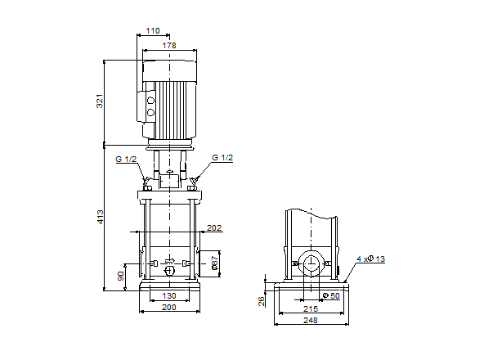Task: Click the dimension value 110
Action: pyautogui.click(x=152, y=30)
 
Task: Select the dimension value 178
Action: pyautogui.click(x=169, y=46)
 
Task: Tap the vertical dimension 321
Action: pyautogui.click(x=101, y=101)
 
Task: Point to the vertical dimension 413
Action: pyautogui.click(x=101, y=217)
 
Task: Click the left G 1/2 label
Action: pyautogui.click(x=126, y=159)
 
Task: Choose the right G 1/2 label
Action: pyautogui.click(x=222, y=158)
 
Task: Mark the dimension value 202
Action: pyautogui.click(x=214, y=227)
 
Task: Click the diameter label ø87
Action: pyautogui.click(x=214, y=263)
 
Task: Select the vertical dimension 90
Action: pyautogui.click(x=122, y=277)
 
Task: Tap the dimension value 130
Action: pyautogui.click(x=169, y=295)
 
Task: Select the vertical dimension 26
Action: pyautogui.click(x=262, y=300)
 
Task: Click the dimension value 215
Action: pyautogui.click(x=311, y=308)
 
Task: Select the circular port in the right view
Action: pyautogui.click(x=311, y=264)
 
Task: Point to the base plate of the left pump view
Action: pyautogui.click(x=169, y=286)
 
